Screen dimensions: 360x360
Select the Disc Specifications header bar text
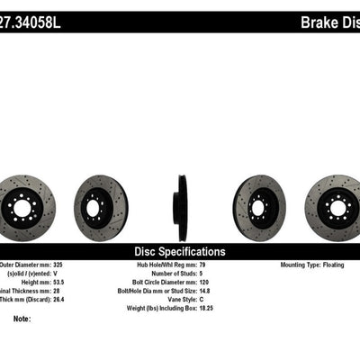coord(180,251)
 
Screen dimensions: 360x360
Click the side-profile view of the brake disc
coord(180,201)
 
